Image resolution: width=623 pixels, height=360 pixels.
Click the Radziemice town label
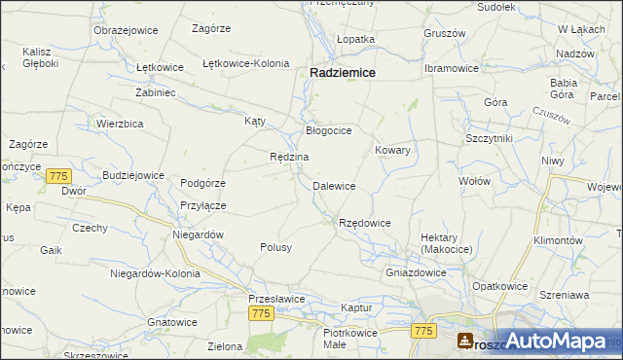point(344,72)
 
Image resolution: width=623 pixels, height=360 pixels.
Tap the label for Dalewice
point(334,186)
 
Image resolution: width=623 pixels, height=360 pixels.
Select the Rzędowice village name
point(364,223)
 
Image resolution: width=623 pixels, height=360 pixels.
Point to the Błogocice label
point(328,129)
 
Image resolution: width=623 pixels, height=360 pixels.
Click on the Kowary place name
point(392,151)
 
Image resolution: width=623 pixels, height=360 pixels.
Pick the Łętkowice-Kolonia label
point(245,63)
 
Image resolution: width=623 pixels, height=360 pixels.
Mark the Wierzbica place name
point(121,124)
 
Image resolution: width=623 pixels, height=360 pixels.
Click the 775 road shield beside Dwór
point(58,175)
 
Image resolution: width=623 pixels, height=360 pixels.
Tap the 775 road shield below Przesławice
point(260,313)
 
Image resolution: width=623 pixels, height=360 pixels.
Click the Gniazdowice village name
point(416,272)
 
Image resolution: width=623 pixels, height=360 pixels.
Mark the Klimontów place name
point(558,240)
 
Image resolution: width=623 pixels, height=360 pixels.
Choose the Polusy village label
point(275,247)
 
